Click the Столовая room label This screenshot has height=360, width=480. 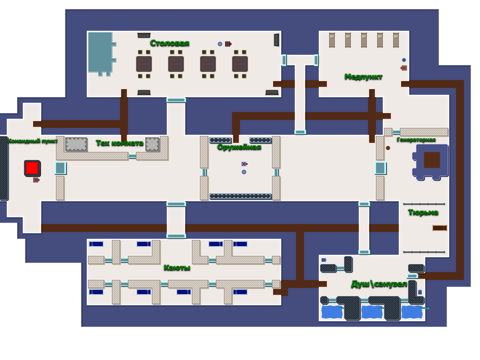[x=170, y=43]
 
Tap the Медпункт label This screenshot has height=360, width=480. [x=363, y=77]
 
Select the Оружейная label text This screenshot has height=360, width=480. [x=239, y=147]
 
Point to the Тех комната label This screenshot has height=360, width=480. [x=120, y=143]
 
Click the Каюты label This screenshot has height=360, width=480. [x=177, y=268]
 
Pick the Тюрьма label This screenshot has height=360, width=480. [x=423, y=212]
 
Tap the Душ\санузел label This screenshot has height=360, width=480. [x=379, y=284]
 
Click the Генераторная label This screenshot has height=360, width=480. [x=416, y=140]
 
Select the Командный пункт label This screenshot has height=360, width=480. [x=33, y=141]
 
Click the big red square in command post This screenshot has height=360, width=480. [x=32, y=168]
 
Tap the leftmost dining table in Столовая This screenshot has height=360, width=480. [x=144, y=64]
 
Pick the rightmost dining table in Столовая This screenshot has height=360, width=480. [x=240, y=64]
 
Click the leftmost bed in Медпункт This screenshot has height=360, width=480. [x=332, y=40]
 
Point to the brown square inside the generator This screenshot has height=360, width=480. [x=432, y=160]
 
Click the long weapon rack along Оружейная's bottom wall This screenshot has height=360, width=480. [x=240, y=196]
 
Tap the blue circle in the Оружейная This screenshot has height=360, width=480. [x=244, y=172]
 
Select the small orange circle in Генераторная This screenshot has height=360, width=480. [x=388, y=148]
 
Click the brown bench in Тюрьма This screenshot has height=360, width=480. [x=440, y=228]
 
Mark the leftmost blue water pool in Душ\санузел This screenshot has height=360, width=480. [x=332, y=312]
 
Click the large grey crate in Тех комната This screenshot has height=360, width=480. [x=76, y=144]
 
